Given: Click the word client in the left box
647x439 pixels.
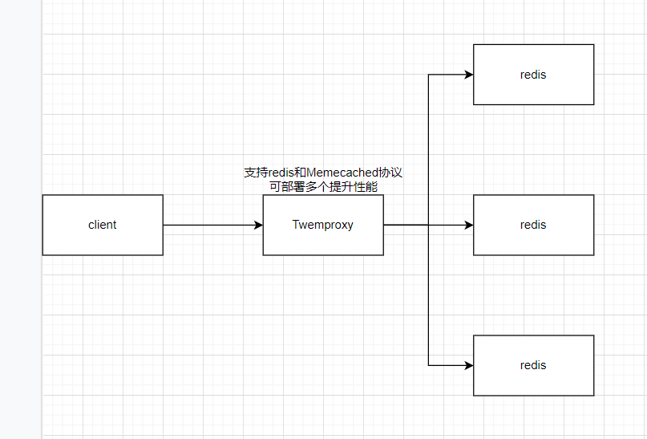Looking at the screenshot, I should click(103, 225).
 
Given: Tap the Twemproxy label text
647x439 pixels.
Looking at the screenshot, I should click(322, 225).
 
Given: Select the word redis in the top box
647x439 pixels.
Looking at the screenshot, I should click(533, 75).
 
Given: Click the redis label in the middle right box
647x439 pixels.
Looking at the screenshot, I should click(533, 225).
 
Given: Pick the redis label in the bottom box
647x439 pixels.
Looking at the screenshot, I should click(533, 365).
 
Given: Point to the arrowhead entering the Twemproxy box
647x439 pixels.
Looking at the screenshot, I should click(258, 226).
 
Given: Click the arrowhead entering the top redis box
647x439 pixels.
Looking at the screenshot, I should click(468, 75).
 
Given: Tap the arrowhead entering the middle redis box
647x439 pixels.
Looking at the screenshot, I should click(468, 226).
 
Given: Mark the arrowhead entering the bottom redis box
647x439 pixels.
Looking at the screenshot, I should click(468, 365).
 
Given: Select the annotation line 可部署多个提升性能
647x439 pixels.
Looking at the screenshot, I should click(323, 186).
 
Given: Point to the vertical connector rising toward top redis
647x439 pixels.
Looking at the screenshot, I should click(429, 148).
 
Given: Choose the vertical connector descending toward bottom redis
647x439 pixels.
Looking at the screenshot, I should click(429, 297).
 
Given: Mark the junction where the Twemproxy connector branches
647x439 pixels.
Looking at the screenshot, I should click(429, 226).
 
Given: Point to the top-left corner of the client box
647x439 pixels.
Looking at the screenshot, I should click(43, 195).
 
